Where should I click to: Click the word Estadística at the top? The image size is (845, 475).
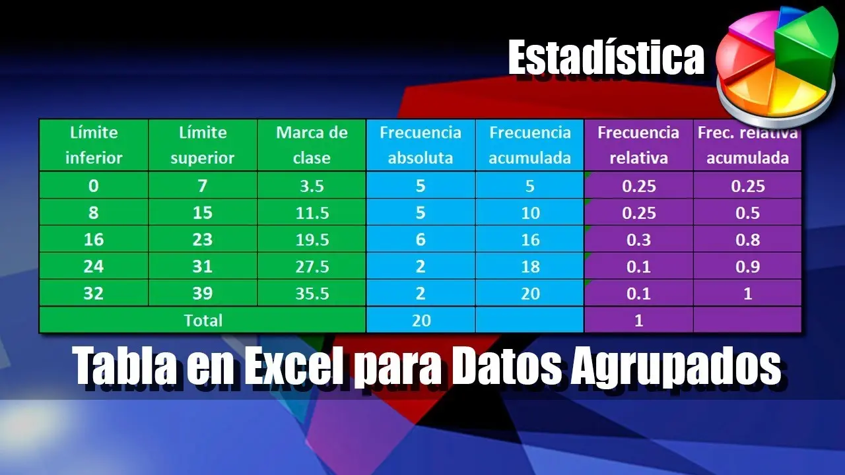606,58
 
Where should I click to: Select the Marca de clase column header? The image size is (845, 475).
312,145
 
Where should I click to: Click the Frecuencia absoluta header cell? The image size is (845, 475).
421,145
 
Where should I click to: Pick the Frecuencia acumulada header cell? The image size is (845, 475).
530,145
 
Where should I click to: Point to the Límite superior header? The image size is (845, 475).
203,145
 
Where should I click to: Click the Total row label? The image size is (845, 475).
203,320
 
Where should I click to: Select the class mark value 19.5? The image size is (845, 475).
312,240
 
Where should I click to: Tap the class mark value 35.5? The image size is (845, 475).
312,294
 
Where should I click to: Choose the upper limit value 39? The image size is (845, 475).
203,294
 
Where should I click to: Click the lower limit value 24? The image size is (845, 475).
94,267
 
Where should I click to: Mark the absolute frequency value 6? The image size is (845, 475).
421,240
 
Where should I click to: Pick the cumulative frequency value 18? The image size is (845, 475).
530,267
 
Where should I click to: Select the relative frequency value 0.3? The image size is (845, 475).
638,240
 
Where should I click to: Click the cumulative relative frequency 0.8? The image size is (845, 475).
747,240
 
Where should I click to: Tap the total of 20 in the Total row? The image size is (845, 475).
421,320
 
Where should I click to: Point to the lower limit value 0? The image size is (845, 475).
94,186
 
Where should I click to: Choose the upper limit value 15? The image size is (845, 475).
203,213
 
